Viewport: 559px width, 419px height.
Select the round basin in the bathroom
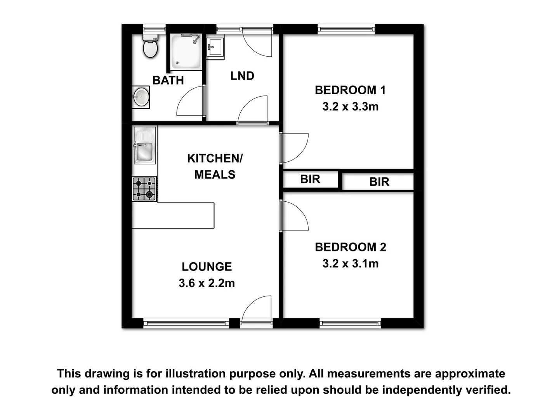(x=141, y=97)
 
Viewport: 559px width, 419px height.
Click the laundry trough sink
(x=215, y=47)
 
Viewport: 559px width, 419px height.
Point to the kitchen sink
(x=145, y=146)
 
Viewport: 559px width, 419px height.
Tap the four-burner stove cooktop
(x=144, y=189)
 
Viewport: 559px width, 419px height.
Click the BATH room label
(x=168, y=80)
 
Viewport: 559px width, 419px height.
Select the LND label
(x=242, y=76)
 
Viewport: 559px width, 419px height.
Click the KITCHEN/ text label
(x=215, y=158)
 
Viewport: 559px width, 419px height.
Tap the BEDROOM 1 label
(x=350, y=90)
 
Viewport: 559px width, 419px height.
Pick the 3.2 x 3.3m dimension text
(x=350, y=107)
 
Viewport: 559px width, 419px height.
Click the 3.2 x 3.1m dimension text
(x=350, y=264)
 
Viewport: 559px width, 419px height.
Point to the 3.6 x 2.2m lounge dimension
(x=207, y=283)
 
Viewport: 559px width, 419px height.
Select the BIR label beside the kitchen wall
(x=310, y=179)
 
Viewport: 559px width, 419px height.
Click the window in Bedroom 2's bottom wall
(x=350, y=323)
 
